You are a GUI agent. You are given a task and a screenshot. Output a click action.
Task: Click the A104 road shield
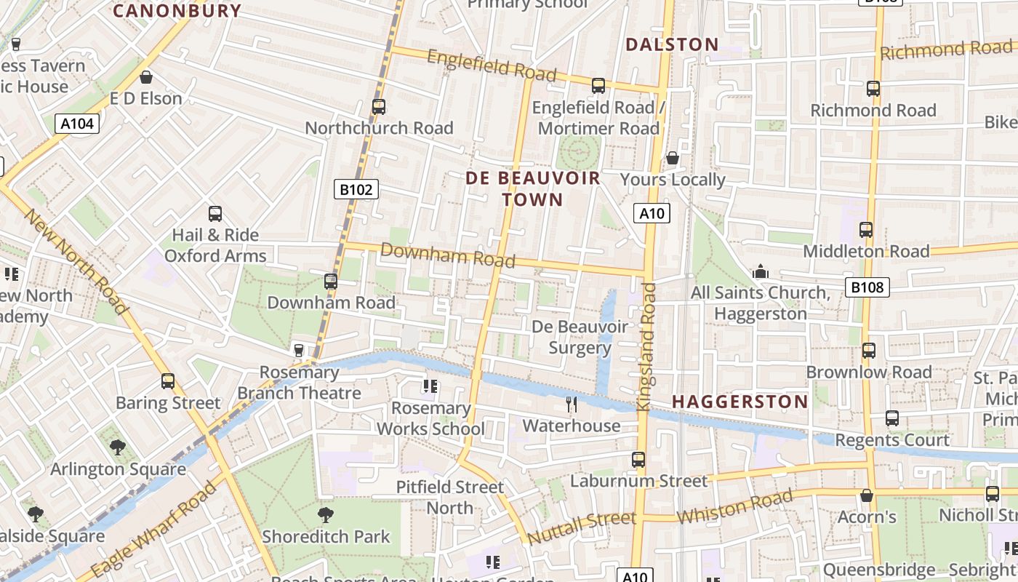77,124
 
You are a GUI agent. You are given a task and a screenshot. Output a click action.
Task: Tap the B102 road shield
356,190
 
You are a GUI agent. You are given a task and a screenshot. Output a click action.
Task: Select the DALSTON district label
672,44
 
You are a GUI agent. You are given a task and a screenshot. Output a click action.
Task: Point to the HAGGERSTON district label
740,402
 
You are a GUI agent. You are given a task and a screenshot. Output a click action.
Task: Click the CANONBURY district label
177,10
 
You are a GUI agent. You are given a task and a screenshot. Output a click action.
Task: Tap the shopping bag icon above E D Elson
146,77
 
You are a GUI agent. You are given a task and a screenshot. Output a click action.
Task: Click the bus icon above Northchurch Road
378,107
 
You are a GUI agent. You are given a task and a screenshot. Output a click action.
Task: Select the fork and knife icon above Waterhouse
572,404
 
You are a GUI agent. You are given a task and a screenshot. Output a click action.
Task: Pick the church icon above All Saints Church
761,272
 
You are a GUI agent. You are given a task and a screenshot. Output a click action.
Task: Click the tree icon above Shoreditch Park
326,515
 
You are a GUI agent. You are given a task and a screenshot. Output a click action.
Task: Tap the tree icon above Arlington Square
118,447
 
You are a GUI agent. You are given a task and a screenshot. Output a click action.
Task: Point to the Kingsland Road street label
646,347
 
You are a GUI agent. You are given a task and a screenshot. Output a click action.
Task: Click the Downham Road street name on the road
447,255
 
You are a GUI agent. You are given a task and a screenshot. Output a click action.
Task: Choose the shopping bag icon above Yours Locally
673,158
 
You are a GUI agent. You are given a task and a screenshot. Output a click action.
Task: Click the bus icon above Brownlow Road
868,351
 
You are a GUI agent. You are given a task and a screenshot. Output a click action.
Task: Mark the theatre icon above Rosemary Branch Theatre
298,351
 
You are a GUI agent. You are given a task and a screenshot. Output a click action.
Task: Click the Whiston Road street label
734,506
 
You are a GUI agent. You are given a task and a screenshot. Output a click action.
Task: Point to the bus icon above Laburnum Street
638,460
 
